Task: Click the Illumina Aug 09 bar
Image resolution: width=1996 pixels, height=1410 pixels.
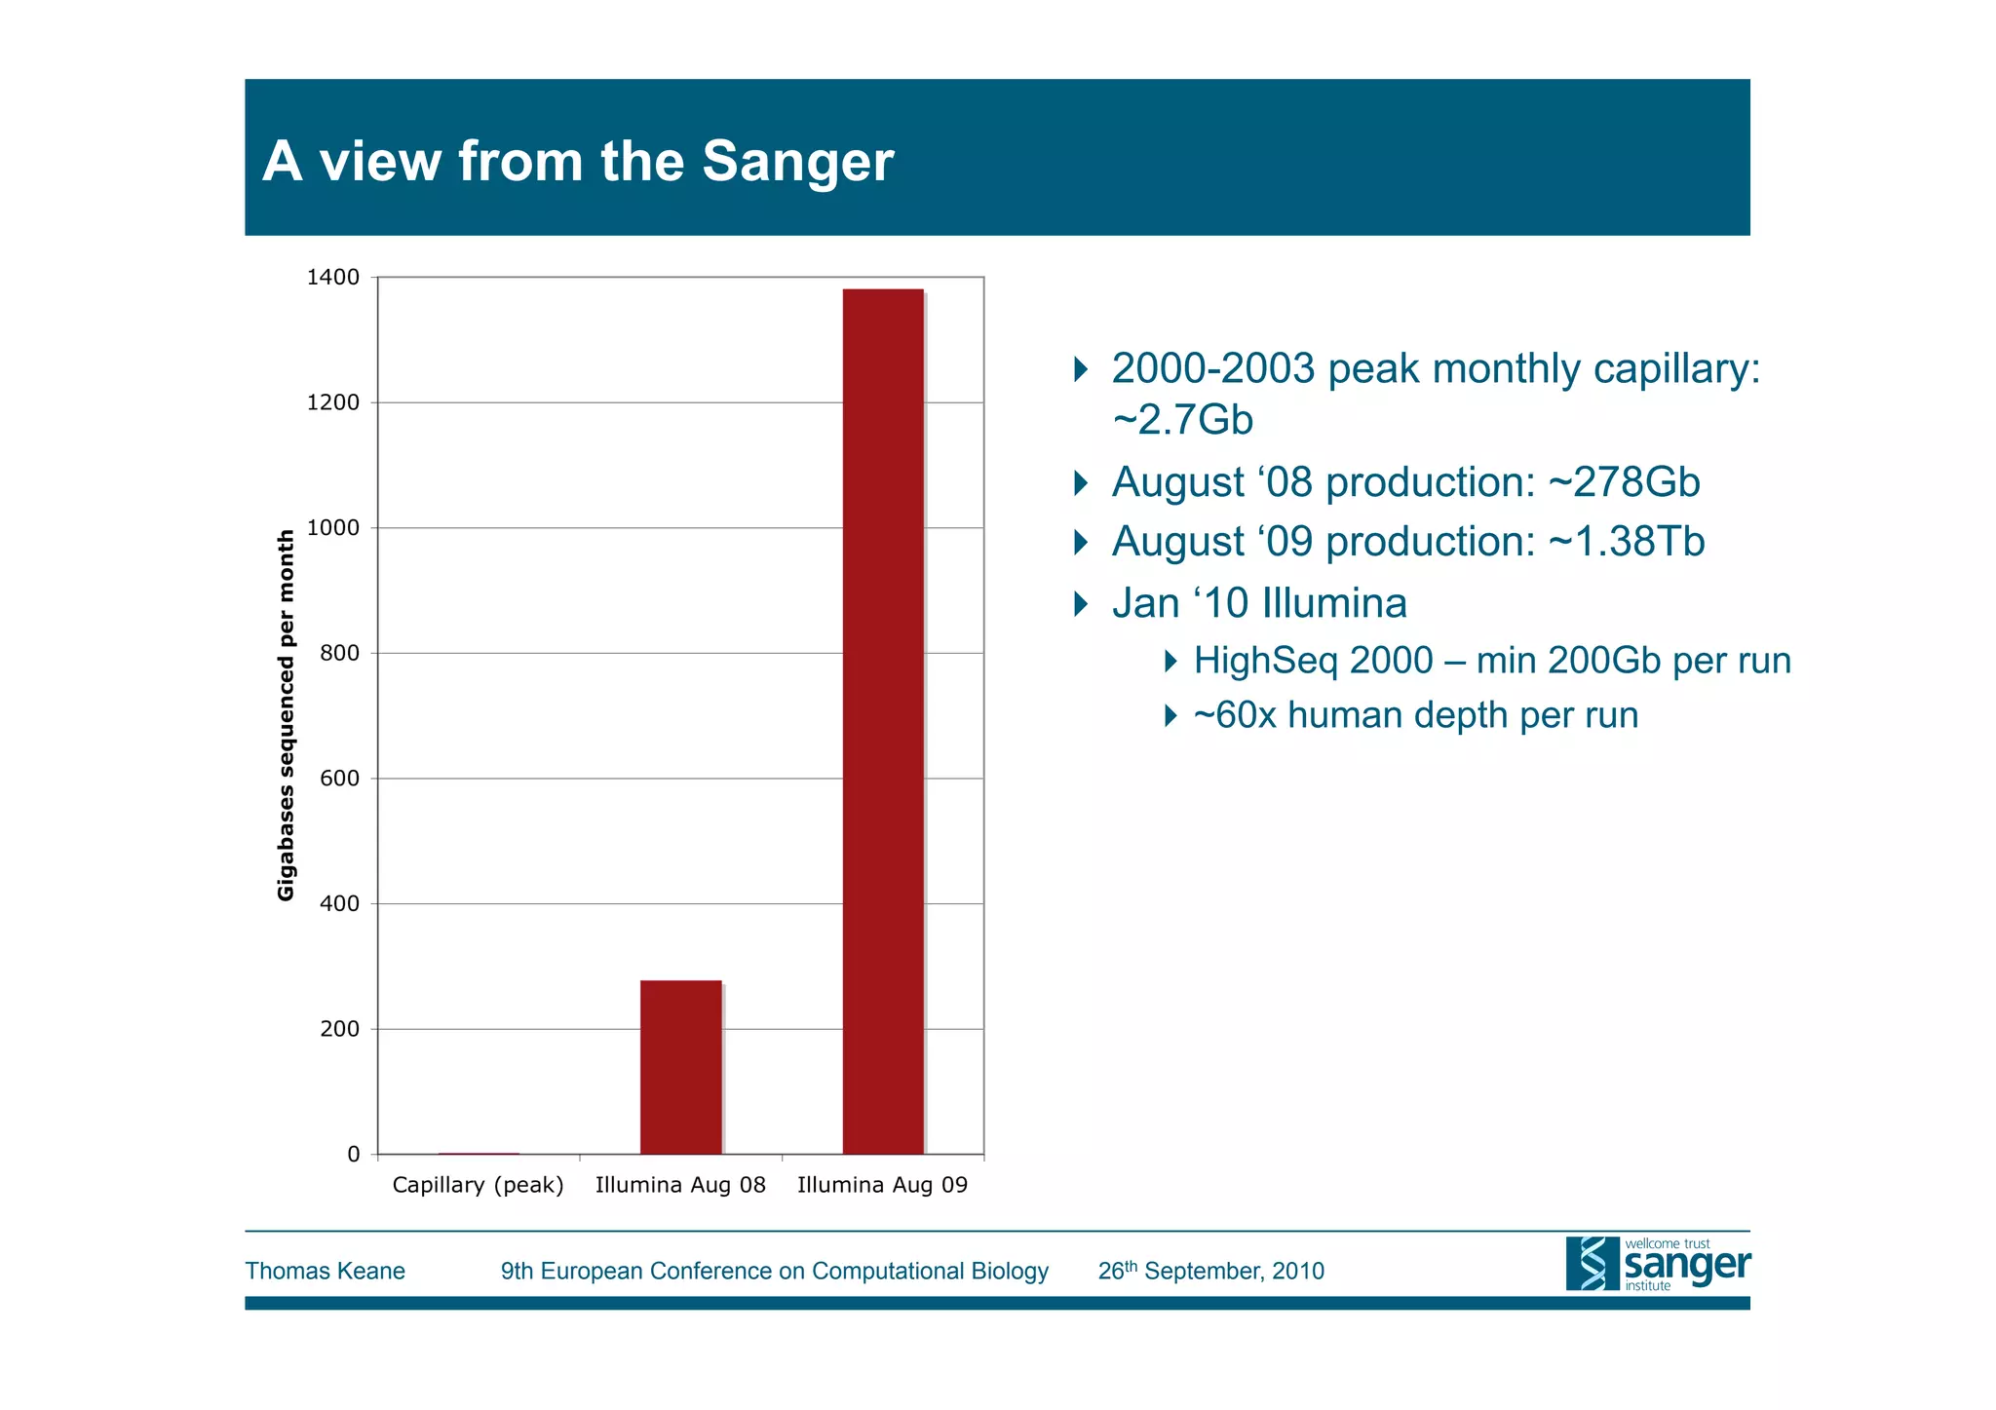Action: coord(883,721)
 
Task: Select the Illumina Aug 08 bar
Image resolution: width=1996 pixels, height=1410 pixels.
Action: coord(680,1067)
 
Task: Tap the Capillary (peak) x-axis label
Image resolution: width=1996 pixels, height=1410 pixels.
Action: coord(478,1185)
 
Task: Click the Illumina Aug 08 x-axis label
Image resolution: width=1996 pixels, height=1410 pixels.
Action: coord(680,1185)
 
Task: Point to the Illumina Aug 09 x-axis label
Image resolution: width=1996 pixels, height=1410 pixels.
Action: coord(882,1185)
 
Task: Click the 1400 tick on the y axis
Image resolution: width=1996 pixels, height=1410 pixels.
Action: coord(333,278)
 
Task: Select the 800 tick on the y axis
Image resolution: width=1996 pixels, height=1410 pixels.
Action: coord(339,653)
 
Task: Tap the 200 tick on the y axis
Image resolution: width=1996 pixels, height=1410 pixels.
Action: coord(339,1029)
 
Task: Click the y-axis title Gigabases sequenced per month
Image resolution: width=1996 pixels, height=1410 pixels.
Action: coord(286,715)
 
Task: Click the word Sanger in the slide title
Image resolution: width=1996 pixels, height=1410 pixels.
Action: coord(796,161)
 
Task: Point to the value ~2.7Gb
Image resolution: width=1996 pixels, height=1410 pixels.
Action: coord(1182,420)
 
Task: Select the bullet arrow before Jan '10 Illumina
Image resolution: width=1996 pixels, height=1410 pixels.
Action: coord(1080,604)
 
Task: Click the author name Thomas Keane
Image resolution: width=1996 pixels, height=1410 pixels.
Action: coord(325,1271)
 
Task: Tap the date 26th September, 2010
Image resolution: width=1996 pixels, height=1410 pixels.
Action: coord(1210,1271)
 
